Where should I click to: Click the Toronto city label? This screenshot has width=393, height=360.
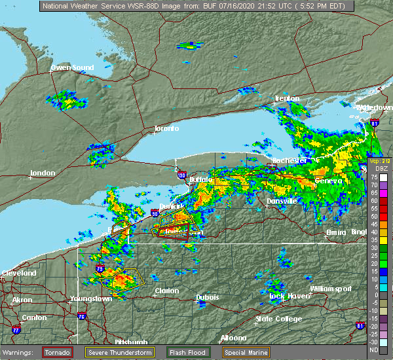166,128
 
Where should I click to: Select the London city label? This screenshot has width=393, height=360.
43,173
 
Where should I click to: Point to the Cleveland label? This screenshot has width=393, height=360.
18,272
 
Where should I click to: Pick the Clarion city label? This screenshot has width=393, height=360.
166,291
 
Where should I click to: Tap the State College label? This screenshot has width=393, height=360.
278,319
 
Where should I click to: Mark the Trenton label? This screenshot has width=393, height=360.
286,98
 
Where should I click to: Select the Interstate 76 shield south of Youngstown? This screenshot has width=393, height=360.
82,316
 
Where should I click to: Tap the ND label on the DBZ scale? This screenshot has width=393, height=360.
373,350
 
